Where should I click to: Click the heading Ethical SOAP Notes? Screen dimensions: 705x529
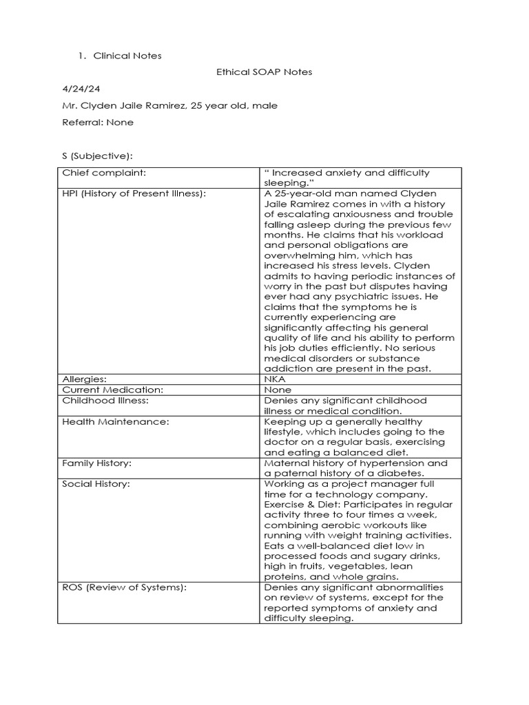264,72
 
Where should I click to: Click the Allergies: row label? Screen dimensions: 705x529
85,379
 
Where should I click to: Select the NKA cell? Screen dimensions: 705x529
274,379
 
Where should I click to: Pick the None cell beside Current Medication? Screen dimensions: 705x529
278,390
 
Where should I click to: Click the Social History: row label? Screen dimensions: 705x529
95,484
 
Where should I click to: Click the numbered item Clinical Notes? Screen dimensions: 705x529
127,56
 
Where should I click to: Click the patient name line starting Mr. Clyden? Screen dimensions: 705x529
169,105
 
